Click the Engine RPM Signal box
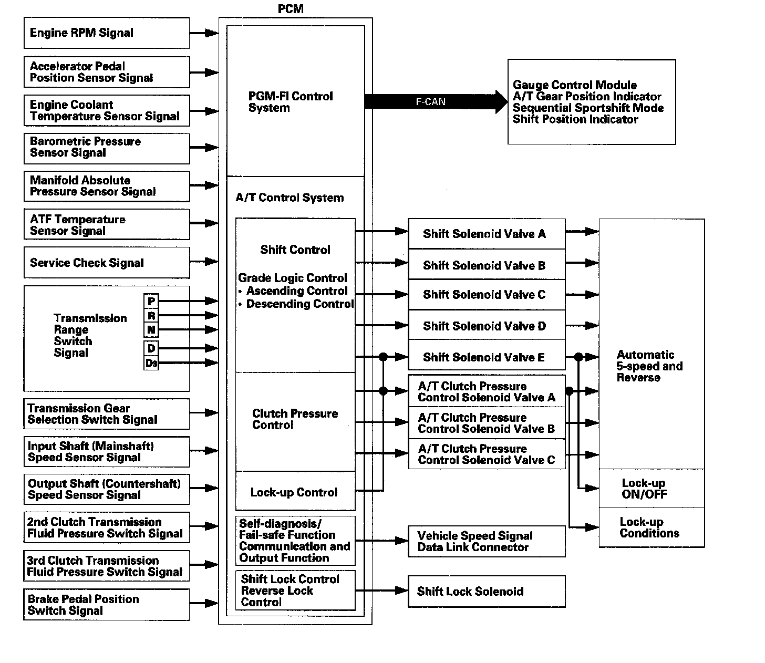[106, 33]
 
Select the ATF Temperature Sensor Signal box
[106, 225]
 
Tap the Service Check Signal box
[106, 263]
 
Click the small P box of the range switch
[151, 301]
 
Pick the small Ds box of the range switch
[151, 363]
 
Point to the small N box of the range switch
[151, 330]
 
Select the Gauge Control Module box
[591, 102]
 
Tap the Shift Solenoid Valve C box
[486, 295]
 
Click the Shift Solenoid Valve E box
[486, 357]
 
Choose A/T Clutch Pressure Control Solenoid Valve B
[486, 423]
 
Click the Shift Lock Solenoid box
[486, 592]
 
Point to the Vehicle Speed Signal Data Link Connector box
[486, 542]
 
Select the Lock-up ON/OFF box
[651, 489]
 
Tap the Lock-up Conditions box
[651, 527]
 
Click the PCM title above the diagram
[291, 9]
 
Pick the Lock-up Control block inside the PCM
[295, 492]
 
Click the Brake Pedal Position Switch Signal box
[106, 605]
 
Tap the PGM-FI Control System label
[291, 102]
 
